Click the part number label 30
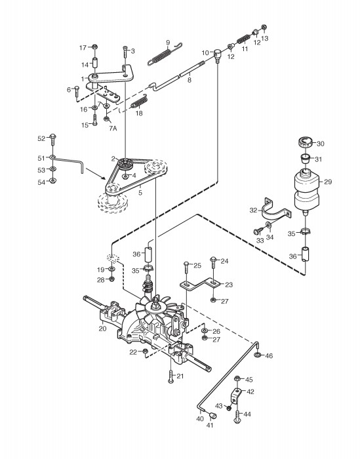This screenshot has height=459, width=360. pyautogui.click(x=321, y=144)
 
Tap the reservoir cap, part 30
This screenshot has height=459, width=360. pyautogui.click(x=306, y=143)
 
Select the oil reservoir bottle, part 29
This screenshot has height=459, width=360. pyautogui.click(x=306, y=190)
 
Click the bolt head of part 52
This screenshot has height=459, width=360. pyautogui.click(x=53, y=136)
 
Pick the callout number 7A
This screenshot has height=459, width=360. pyautogui.click(x=113, y=128)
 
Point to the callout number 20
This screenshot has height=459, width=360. pyautogui.click(x=102, y=329)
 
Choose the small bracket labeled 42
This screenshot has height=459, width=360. pyautogui.click(x=237, y=395)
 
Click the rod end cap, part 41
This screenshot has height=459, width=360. pyautogui.click(x=212, y=415)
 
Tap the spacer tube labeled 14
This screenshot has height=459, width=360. pyautogui.click(x=95, y=64)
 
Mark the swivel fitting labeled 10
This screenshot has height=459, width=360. pyautogui.click(x=217, y=54)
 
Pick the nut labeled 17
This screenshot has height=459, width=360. pyautogui.click(x=94, y=47)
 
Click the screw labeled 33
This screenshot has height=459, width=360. pyautogui.click(x=257, y=231)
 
